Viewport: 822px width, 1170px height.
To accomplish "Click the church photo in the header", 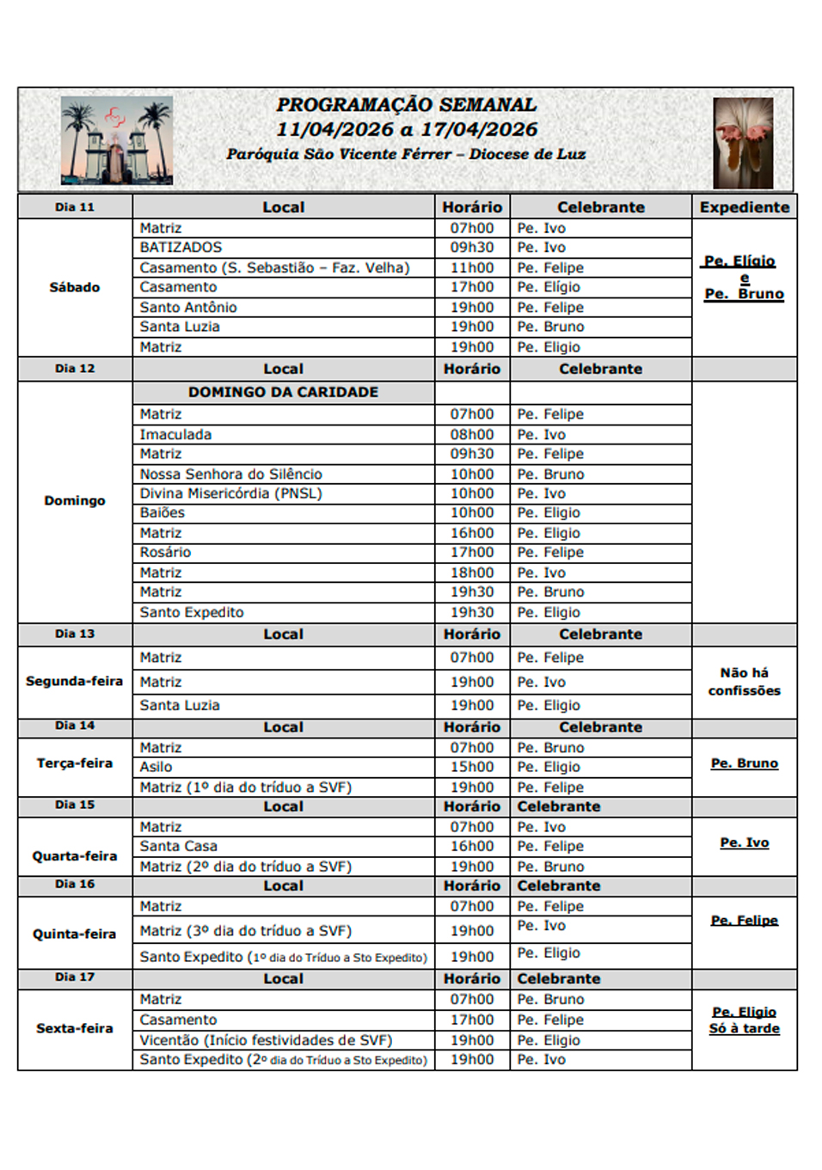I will [116, 140].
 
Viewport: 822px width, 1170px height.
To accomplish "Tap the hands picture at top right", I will [743, 142].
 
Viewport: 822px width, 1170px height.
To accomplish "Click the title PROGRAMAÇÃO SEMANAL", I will [406, 105].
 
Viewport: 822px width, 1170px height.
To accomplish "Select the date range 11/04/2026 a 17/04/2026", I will [406, 130].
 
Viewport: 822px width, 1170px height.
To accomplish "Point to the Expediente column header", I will [744, 207].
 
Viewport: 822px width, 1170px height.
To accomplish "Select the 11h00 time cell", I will [472, 267].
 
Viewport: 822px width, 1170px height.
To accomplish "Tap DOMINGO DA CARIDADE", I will [283, 392].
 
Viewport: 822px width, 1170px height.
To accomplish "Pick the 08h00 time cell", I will [472, 434].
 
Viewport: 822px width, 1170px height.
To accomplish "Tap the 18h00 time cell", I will [472, 573].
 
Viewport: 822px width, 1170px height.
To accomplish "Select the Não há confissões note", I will [744, 682].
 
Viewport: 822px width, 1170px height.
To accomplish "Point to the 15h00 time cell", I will [472, 767].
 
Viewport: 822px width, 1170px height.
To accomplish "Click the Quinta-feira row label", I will [74, 934].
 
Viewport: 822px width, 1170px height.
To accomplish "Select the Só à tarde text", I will [744, 1029].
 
